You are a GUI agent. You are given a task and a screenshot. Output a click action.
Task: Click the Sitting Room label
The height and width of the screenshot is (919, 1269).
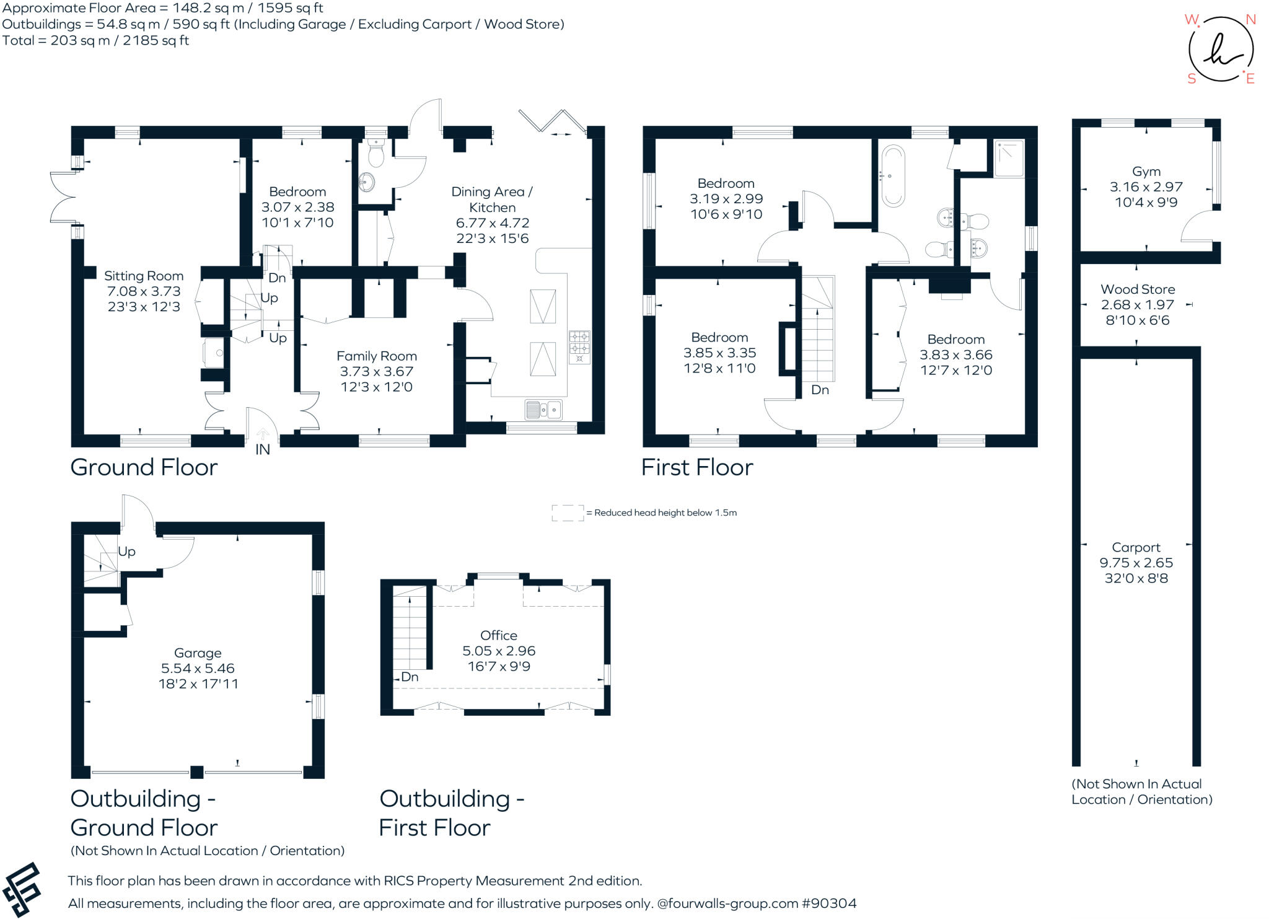pyautogui.click(x=144, y=276)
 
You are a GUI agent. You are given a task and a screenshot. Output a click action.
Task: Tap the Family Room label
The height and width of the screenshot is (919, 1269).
pyautogui.click(x=376, y=356)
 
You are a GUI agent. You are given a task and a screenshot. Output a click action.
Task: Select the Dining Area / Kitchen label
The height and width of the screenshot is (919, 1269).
pyautogui.click(x=492, y=200)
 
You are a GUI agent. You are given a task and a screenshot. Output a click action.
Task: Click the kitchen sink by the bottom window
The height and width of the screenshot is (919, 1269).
pyautogui.click(x=543, y=410)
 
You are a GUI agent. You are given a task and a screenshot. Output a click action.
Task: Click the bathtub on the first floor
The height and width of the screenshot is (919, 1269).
pyautogui.click(x=893, y=175)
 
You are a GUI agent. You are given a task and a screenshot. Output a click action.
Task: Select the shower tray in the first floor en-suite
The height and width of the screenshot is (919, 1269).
pyautogui.click(x=1009, y=159)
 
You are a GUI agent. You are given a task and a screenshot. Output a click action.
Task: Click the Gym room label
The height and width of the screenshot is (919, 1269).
pyautogui.click(x=1146, y=172)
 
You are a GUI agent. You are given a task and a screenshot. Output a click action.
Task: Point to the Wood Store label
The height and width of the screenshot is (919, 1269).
pyautogui.click(x=1137, y=289)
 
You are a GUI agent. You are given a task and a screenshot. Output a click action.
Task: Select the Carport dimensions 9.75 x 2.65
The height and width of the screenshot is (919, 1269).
pyautogui.click(x=1136, y=563)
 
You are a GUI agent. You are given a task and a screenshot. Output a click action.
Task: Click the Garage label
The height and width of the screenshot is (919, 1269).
pyautogui.click(x=198, y=653)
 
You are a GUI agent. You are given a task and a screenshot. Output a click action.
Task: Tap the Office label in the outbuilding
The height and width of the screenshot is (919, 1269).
pyautogui.click(x=498, y=636)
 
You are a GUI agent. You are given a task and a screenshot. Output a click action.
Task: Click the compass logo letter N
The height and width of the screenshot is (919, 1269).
pyautogui.click(x=1250, y=20)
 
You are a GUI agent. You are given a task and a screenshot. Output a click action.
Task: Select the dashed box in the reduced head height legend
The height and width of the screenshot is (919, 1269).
pyautogui.click(x=568, y=513)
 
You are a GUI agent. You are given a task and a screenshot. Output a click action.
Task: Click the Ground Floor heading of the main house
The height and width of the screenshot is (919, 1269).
pyautogui.click(x=144, y=468)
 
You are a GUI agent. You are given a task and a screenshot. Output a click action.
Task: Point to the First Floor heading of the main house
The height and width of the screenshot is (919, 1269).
pyautogui.click(x=696, y=468)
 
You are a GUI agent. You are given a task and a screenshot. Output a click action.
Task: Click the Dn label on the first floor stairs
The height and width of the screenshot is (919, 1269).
pyautogui.click(x=820, y=390)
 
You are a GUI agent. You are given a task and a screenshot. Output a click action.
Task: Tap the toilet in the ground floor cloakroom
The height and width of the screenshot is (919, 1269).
pyautogui.click(x=375, y=151)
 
